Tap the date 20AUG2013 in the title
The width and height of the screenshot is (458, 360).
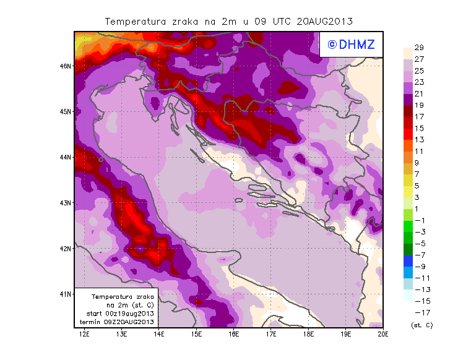click(x=325, y=21)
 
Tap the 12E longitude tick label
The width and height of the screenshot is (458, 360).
click(x=84, y=334)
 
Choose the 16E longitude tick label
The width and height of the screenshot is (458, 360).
click(x=234, y=334)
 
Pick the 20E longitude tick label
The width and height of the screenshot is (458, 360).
click(x=383, y=334)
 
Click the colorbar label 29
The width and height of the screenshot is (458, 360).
click(x=419, y=48)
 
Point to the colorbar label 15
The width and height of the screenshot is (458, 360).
click(x=419, y=128)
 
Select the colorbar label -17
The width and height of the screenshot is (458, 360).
click(x=419, y=312)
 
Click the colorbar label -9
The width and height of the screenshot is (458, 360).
click(x=419, y=266)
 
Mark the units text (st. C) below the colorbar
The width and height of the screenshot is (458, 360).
click(x=421, y=325)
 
